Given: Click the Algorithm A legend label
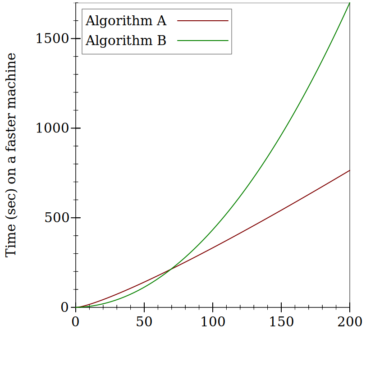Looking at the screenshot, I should pos(126,21).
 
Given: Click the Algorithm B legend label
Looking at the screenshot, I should pos(126,41).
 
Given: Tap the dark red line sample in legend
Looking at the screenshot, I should pos(203,21).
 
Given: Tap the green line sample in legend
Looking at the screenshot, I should pos(203,41).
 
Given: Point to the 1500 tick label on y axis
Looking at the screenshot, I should pos(52,38).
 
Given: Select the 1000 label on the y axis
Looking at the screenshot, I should pos(52,128).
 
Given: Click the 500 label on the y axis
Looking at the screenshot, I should pos(56,218).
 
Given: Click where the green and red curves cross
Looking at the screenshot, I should pos(171,270).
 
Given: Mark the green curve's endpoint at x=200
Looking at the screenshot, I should pos(350,3).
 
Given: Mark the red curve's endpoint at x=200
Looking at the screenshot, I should pos(350,170).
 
